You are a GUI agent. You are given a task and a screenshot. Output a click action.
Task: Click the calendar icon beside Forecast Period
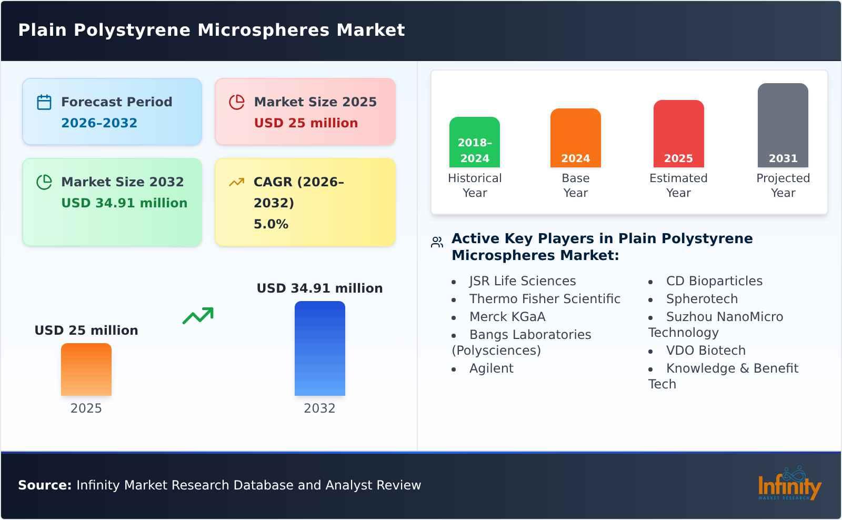click(x=44, y=102)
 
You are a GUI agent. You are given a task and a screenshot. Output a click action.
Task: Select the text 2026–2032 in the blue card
click(x=99, y=123)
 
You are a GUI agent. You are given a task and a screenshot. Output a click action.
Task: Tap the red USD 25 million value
click(x=306, y=123)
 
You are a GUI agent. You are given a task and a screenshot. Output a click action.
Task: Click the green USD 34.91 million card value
click(x=124, y=203)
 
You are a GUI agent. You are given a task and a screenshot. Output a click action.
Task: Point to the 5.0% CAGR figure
click(x=270, y=224)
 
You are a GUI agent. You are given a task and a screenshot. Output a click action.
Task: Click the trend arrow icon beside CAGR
click(x=236, y=182)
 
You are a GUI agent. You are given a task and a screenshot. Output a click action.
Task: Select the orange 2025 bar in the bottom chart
click(x=86, y=369)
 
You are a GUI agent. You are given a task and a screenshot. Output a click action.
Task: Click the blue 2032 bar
click(x=319, y=348)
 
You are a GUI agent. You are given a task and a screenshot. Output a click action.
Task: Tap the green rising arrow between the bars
click(x=198, y=316)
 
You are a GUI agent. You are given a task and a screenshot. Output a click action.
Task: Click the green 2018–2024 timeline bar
click(x=475, y=142)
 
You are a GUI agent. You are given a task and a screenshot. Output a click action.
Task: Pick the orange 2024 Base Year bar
click(x=575, y=138)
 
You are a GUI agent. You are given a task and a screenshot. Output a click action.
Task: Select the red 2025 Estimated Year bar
click(x=678, y=134)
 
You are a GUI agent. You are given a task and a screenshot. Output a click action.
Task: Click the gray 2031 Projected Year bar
click(x=783, y=125)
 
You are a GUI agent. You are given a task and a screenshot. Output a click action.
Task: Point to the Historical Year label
click(x=475, y=185)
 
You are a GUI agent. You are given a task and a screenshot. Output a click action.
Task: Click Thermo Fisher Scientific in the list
click(x=545, y=299)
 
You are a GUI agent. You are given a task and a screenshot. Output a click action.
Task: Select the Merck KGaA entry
click(x=507, y=317)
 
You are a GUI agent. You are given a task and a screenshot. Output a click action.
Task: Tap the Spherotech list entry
click(x=701, y=299)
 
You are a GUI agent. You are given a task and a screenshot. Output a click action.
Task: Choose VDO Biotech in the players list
click(x=705, y=351)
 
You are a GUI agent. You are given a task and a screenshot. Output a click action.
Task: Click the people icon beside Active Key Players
click(x=437, y=242)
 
